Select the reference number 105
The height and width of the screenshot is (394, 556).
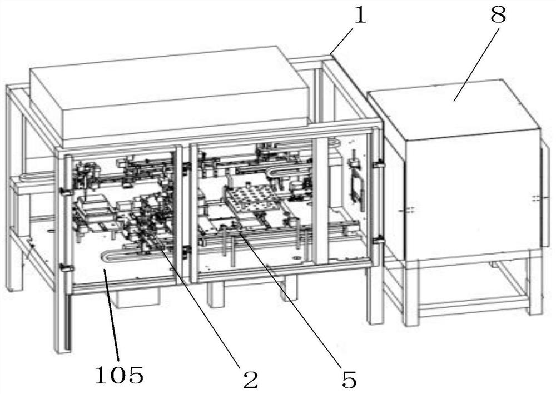point(119,375)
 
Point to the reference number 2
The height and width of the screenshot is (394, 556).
point(250,379)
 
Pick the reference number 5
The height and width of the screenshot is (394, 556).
point(349,380)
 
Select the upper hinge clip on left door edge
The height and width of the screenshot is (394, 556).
point(65,192)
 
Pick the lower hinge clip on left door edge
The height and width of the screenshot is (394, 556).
point(66,267)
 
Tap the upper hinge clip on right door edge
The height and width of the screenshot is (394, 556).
point(378,164)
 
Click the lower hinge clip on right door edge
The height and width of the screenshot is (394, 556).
point(378,241)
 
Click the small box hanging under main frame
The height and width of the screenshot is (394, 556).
point(136,296)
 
